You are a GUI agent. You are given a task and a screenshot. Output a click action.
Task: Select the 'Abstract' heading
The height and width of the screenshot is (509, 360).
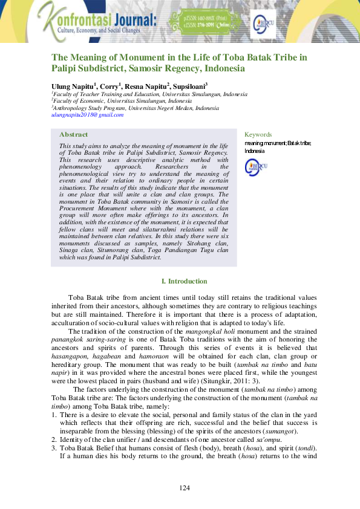pyautogui.click(x=73, y=134)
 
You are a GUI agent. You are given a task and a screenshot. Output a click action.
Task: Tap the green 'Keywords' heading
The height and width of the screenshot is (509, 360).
pyautogui.click(x=258, y=134)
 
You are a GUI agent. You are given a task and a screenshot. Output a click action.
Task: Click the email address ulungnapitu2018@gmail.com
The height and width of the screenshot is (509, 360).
pyautogui.click(x=87, y=114)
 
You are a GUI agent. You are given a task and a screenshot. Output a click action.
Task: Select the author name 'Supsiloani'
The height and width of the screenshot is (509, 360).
pyautogui.click(x=190, y=86)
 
